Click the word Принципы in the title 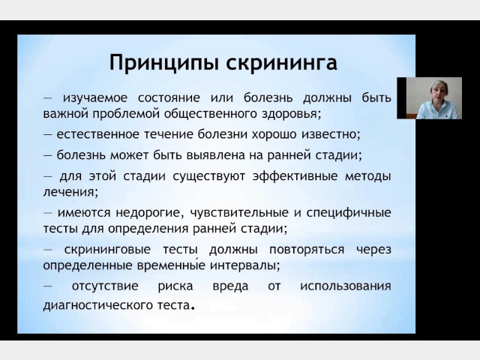click(x=163, y=63)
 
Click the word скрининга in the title click(x=282, y=63)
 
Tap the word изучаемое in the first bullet click(x=95, y=98)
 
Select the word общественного click(x=211, y=114)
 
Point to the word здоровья click(x=292, y=115)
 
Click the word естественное click(x=98, y=134)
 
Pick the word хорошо click(x=274, y=134)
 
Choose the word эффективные click(x=295, y=176)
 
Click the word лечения click(x=70, y=193)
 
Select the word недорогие click(x=150, y=213)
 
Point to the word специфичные click(x=349, y=213)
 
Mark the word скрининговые click(x=107, y=250)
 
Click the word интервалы click(x=245, y=265)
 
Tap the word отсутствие click(x=105, y=286)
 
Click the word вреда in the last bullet click(x=230, y=286)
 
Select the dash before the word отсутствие click(x=47, y=286)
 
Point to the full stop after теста click(x=193, y=308)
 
